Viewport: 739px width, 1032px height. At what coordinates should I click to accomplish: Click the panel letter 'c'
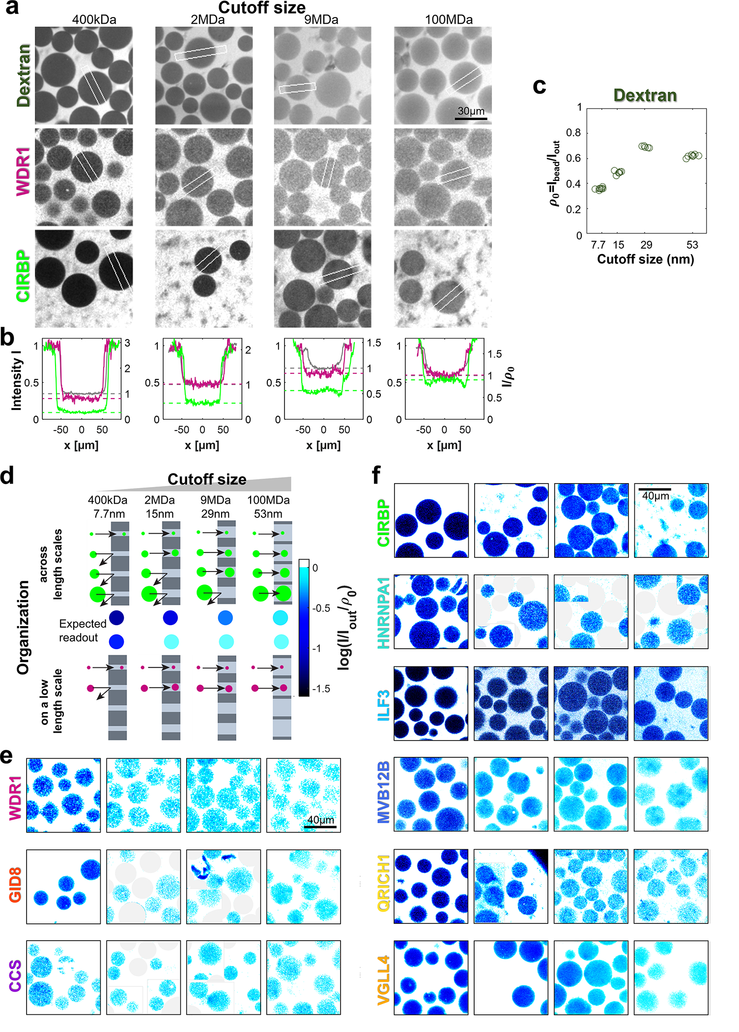click(539, 86)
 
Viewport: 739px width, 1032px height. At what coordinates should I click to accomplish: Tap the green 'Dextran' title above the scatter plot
click(645, 95)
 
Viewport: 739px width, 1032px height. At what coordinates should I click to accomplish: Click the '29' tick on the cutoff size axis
click(646, 245)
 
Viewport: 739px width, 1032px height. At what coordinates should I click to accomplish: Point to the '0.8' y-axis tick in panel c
click(573, 133)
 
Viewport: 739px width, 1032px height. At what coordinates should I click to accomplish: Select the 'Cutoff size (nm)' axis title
click(645, 259)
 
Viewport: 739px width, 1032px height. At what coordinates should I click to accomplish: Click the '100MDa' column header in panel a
click(449, 20)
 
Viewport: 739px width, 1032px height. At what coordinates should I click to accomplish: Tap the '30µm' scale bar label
click(471, 111)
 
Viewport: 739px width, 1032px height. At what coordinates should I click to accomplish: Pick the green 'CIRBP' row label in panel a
click(23, 276)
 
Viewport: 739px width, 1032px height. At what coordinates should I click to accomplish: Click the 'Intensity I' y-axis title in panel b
click(17, 383)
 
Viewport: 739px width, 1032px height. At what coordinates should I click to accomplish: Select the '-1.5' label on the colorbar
click(320, 688)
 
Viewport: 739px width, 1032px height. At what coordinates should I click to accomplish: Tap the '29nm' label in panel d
click(215, 514)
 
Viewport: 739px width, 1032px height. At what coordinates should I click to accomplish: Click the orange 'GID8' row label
click(15, 885)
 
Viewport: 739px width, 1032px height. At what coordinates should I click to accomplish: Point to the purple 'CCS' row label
click(15, 975)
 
